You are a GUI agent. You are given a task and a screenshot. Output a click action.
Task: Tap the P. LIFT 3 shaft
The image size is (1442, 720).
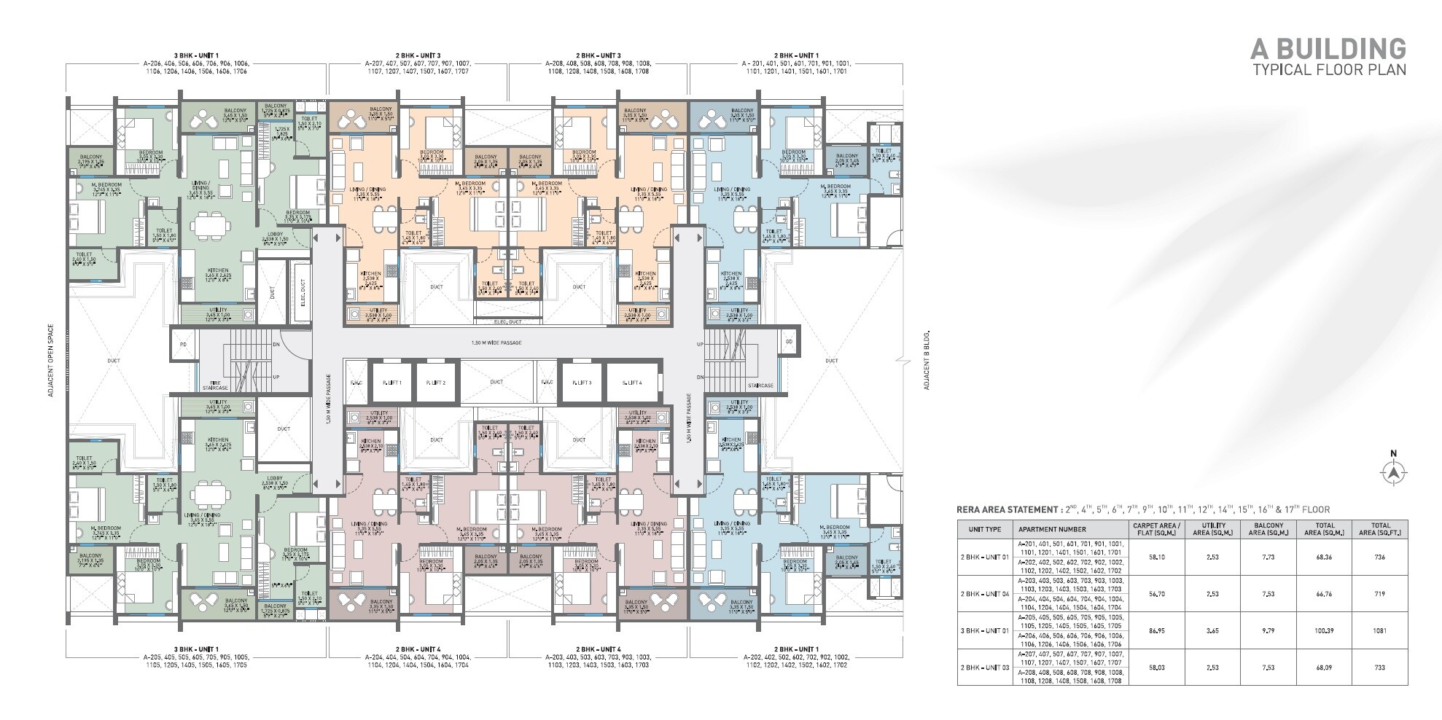[x=580, y=382]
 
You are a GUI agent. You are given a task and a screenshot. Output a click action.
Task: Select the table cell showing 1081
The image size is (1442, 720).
[x=1379, y=630]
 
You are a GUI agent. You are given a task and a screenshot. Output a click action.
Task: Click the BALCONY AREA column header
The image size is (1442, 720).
[x=1269, y=529]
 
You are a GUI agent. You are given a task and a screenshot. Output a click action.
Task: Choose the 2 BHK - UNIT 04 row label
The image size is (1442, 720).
[x=985, y=594]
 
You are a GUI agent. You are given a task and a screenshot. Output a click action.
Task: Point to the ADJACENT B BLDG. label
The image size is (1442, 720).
[x=927, y=361]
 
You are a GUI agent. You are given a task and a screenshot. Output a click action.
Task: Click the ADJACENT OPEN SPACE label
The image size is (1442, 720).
[x=50, y=361]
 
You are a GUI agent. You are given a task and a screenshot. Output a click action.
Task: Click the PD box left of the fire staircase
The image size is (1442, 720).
[x=184, y=343]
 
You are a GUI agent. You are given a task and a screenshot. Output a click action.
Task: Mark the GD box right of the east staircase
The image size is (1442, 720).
[x=788, y=343]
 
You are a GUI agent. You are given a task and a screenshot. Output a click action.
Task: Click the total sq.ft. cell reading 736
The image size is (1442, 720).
[x=1379, y=557]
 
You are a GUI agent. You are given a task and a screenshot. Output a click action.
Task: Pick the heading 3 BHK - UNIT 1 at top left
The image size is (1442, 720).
[x=195, y=55]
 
